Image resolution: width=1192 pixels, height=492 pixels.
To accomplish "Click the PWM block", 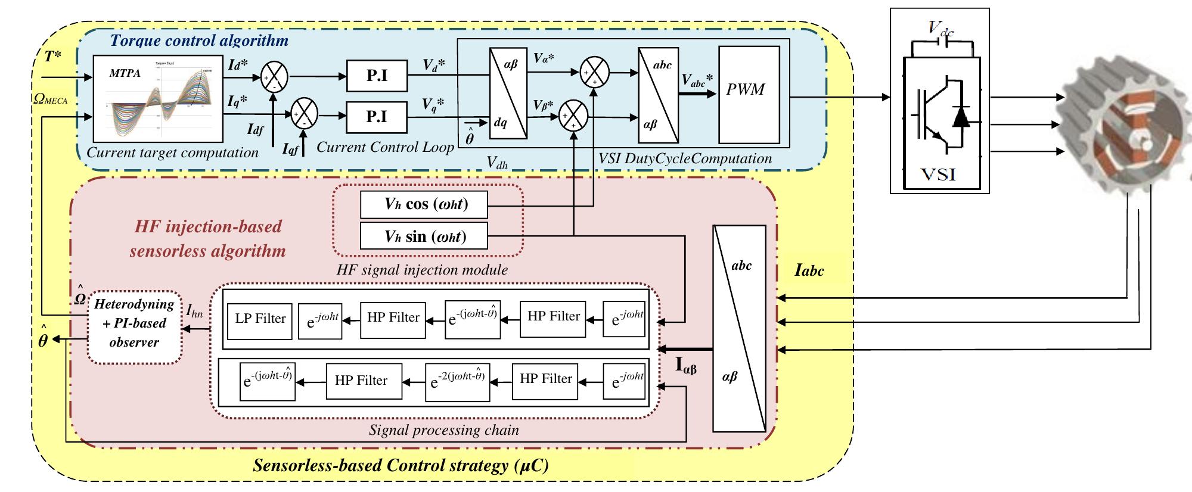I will [749, 95].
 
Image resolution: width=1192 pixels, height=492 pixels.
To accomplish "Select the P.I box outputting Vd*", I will [377, 76].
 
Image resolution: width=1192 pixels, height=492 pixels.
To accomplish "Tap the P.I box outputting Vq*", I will [377, 117].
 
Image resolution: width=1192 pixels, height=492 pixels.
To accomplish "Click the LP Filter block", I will [260, 319].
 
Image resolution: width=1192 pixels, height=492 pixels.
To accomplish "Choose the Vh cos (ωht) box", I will [423, 204].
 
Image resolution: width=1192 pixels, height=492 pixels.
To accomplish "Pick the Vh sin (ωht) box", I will [423, 236].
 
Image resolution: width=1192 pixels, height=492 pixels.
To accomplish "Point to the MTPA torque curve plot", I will [158, 98].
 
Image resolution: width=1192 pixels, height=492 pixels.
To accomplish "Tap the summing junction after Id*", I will [274, 76].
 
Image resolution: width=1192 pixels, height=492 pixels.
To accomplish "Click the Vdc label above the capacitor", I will [941, 28].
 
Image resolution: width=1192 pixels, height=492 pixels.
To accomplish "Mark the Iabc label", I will [809, 271].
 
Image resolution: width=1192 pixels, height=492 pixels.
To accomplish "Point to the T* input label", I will [53, 57].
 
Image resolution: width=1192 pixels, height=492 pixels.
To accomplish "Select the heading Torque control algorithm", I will [199, 41].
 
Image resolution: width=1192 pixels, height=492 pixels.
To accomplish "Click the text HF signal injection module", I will [422, 270].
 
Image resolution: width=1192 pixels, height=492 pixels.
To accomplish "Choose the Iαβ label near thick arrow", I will [685, 365].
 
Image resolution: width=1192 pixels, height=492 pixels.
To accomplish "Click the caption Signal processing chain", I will [444, 430].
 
